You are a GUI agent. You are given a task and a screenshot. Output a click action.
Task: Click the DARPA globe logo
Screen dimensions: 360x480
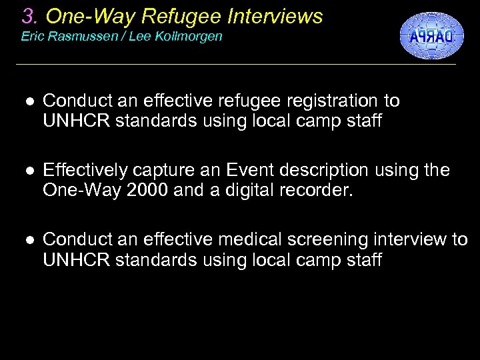coord(431,35)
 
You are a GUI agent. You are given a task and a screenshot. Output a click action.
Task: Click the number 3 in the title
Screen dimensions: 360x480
coord(27,16)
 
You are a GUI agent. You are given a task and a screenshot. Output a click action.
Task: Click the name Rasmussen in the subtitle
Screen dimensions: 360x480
coord(75,37)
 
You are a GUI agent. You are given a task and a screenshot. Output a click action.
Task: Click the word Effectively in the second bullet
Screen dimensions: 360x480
coord(86,170)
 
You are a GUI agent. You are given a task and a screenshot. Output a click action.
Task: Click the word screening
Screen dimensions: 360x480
coord(320,239)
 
